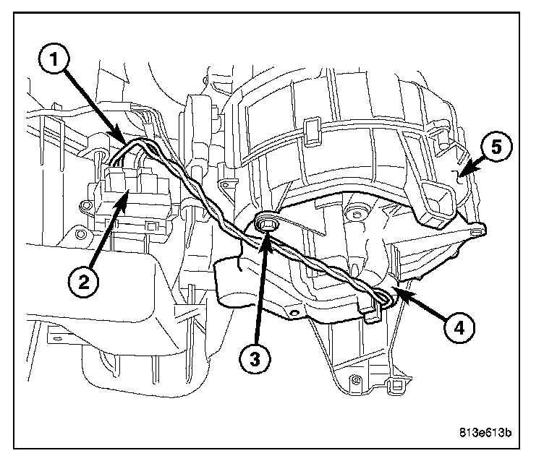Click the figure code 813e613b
(x=484, y=434)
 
